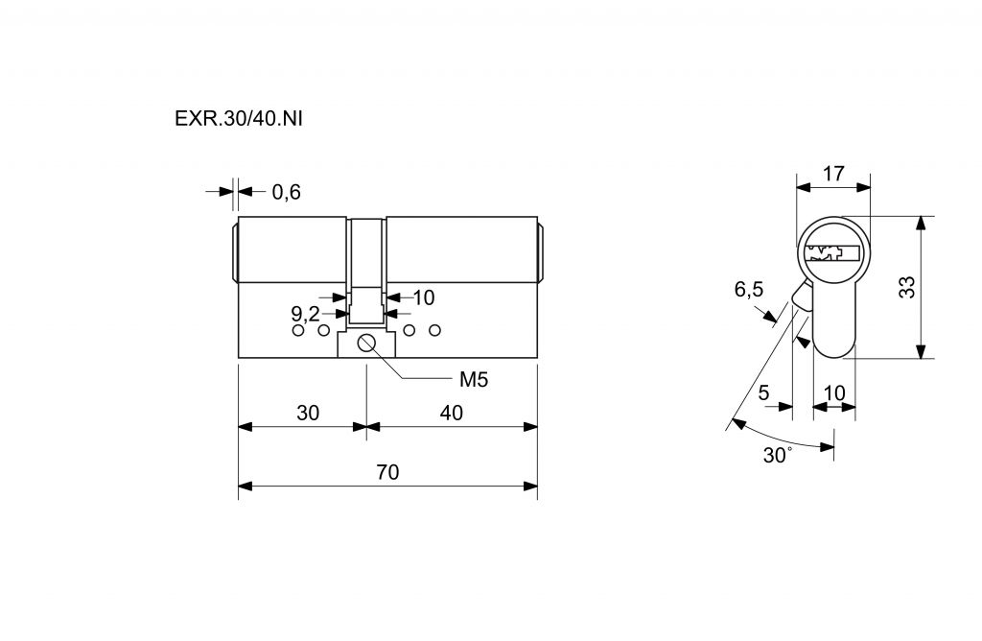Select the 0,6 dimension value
tap(286, 192)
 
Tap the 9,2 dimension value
tap(305, 313)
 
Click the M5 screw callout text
tap(474, 379)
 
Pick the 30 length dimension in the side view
tap(307, 414)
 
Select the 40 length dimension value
tap(451, 414)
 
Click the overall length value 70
tap(387, 472)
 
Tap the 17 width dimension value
tap(833, 174)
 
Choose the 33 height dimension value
tap(906, 287)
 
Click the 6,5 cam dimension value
tap(749, 289)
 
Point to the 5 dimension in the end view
tap(763, 392)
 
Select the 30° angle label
tap(776, 456)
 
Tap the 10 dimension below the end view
tap(834, 392)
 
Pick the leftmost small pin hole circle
tap(297, 331)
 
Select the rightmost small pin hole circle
tap(434, 331)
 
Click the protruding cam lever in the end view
tap(801, 295)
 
